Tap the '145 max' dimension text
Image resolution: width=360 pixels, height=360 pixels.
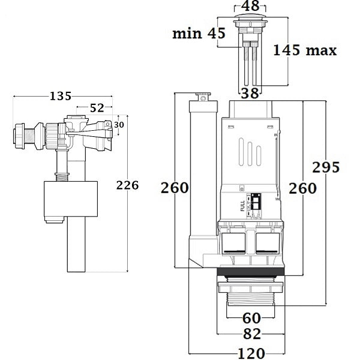click(304, 50)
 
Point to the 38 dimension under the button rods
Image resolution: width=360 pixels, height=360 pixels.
click(251, 92)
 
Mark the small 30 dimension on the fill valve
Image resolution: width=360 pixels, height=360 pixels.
click(119, 124)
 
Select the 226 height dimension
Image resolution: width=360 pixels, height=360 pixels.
click(127, 185)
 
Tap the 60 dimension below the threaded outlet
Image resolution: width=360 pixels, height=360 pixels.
click(251, 318)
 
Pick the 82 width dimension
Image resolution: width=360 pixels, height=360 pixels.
click(251, 334)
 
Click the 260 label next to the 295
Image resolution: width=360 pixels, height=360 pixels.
click(304, 188)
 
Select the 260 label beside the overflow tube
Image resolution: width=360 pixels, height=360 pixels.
click(174, 188)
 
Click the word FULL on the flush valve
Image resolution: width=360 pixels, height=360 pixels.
click(242, 205)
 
